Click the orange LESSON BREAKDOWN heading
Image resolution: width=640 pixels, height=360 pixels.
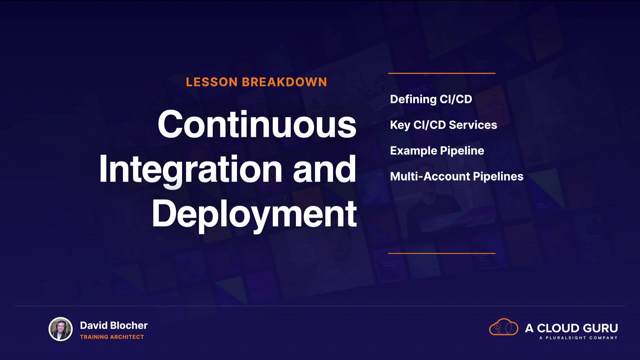click(x=256, y=82)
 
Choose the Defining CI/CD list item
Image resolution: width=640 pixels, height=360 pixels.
click(x=431, y=99)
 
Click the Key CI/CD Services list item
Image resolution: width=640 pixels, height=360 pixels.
click(x=443, y=125)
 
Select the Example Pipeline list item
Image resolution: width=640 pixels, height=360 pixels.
click(x=437, y=151)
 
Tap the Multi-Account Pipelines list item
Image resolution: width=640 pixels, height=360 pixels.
click(x=457, y=176)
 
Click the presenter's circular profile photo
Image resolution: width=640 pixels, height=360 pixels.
click(x=61, y=329)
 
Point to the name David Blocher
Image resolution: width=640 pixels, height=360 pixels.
click(x=114, y=325)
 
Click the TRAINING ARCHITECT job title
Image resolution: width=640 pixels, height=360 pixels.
click(x=112, y=337)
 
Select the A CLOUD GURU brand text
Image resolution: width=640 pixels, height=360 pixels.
click(x=571, y=328)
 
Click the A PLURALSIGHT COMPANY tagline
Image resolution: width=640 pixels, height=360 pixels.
click(x=578, y=338)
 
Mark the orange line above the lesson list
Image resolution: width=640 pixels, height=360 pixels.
click(x=442, y=73)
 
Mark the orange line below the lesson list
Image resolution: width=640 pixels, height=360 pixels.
click(x=442, y=253)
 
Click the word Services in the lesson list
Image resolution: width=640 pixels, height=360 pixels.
click(x=473, y=125)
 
